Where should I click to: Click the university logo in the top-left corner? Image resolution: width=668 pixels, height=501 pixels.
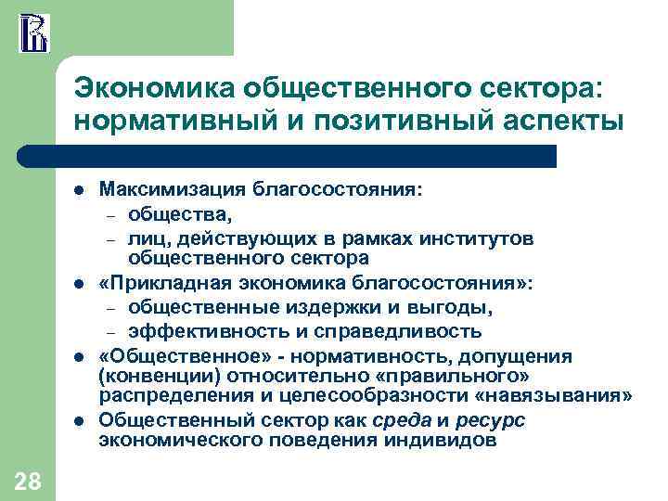click(32, 32)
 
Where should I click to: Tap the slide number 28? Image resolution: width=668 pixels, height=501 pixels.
click(27, 480)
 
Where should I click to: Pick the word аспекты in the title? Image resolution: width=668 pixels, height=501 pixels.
click(558, 121)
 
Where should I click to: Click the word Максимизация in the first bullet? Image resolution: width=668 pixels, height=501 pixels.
click(173, 190)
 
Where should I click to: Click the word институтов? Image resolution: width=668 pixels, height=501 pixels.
click(482, 239)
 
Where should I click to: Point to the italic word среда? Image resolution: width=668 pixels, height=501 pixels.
click(399, 420)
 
